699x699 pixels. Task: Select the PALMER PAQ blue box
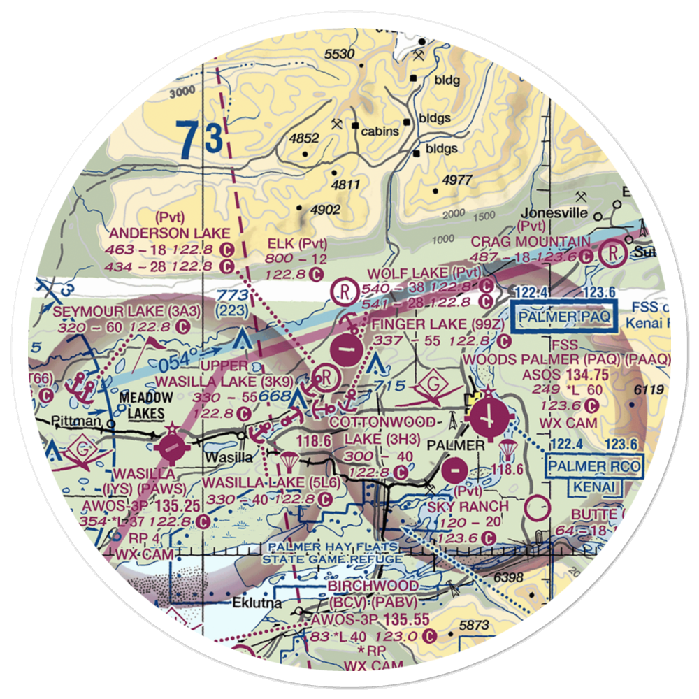[x=565, y=317]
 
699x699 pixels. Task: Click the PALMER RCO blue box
[x=594, y=466]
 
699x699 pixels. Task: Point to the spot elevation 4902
[x=325, y=210]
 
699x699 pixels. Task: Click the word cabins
[x=381, y=131]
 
